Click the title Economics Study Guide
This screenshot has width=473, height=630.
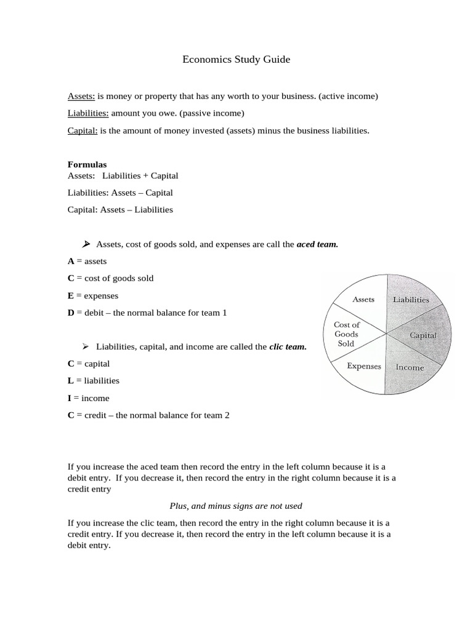(236, 60)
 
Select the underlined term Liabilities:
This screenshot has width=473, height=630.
(88, 113)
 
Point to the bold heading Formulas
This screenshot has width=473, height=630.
(87, 165)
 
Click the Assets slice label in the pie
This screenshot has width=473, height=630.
(363, 300)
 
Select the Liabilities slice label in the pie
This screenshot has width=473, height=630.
(411, 300)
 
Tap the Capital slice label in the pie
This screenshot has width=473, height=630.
(423, 335)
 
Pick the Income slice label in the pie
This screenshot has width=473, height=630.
(410, 367)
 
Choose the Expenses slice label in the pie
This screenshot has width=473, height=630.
(364, 366)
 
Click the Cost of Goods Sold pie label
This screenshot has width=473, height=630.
(347, 334)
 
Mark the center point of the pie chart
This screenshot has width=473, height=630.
(386, 334)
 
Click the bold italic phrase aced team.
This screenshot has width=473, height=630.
(317, 244)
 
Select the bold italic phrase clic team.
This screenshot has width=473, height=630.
(288, 347)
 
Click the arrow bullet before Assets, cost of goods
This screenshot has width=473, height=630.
(86, 244)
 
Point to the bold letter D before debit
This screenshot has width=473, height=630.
(71, 313)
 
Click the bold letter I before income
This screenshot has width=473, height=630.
(70, 398)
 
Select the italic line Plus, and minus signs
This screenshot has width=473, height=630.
(236, 506)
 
